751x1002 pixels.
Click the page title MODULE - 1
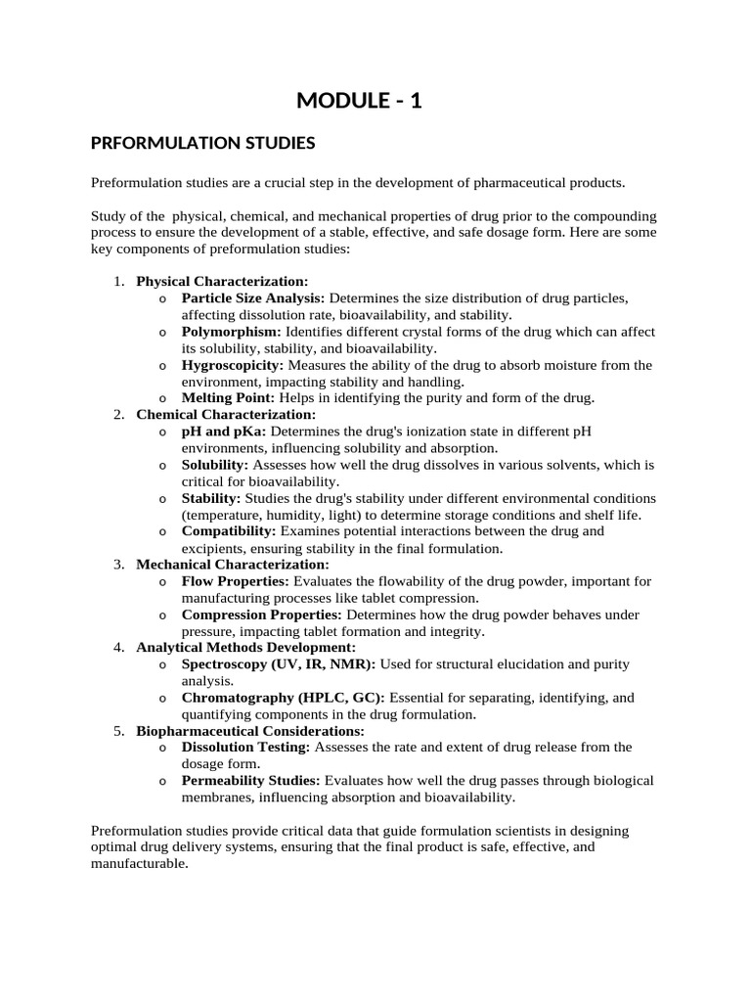360,100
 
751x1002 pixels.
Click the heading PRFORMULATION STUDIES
202,144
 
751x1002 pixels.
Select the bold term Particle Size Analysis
254,298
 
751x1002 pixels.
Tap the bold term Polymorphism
232,332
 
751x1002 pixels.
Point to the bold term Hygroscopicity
233,365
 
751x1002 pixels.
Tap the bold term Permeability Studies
251,781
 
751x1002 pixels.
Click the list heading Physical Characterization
222,282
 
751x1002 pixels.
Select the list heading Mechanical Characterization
233,565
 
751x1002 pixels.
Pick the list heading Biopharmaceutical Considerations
250,731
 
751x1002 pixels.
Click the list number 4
116,648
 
